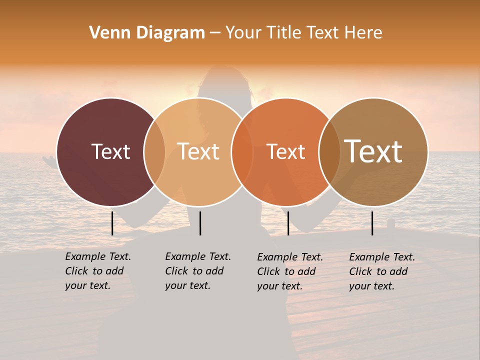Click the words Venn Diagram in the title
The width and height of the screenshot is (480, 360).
[147, 33]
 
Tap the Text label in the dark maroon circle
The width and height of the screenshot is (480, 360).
[110, 151]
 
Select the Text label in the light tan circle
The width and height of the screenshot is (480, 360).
[198, 151]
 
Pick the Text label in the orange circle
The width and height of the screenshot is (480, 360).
[285, 151]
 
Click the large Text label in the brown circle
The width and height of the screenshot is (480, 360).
[373, 151]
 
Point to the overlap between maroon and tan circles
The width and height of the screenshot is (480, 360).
[154, 152]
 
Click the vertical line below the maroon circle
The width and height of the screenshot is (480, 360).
[112, 223]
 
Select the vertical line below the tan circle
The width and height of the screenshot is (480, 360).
[200, 223]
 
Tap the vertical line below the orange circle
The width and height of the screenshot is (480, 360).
[288, 223]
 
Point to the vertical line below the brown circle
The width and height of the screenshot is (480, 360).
[372, 223]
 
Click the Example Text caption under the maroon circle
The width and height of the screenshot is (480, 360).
[97, 271]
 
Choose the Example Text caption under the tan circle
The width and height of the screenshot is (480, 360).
[197, 271]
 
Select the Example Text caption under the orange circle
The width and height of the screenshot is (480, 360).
[289, 271]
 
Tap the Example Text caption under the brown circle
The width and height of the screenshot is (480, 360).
[381, 271]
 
